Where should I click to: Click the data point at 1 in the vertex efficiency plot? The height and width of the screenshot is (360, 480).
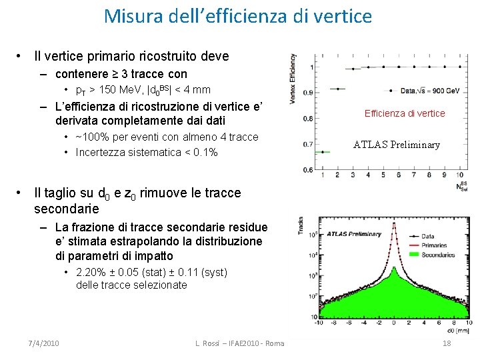tap(323, 151)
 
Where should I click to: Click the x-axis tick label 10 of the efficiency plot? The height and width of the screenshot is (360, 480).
tap(443, 175)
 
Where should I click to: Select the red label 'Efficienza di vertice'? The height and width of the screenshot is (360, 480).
tap(405, 113)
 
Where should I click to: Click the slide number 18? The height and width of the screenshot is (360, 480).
tap(446, 343)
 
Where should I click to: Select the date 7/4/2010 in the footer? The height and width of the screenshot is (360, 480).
tap(44, 343)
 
